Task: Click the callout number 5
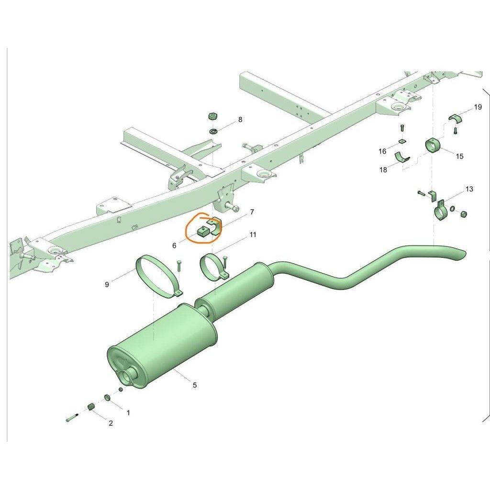point(195,385)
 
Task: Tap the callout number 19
point(478,107)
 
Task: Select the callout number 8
point(240,119)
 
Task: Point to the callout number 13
point(469,189)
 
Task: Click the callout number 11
point(253,234)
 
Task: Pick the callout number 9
point(107,284)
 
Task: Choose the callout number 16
point(382,151)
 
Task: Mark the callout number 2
point(111,423)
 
